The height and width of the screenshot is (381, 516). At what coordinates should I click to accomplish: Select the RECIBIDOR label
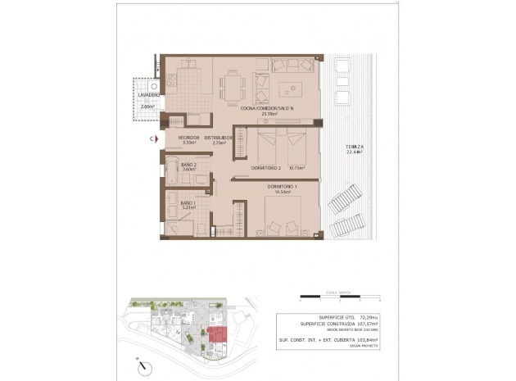[x=188, y=137]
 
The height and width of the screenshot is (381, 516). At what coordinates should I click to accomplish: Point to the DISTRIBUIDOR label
[x=219, y=137]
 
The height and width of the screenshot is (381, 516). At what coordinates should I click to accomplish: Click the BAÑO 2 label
[x=187, y=166]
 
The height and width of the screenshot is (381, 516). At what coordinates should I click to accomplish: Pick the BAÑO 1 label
[x=187, y=202]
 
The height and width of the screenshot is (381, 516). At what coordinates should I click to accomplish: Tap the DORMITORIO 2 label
[x=266, y=169]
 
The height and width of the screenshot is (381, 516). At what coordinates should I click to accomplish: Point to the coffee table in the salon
[x=290, y=88]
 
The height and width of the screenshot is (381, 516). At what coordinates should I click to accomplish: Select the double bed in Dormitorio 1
[x=285, y=217]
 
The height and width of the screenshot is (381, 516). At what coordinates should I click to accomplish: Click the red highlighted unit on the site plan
[x=218, y=334]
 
